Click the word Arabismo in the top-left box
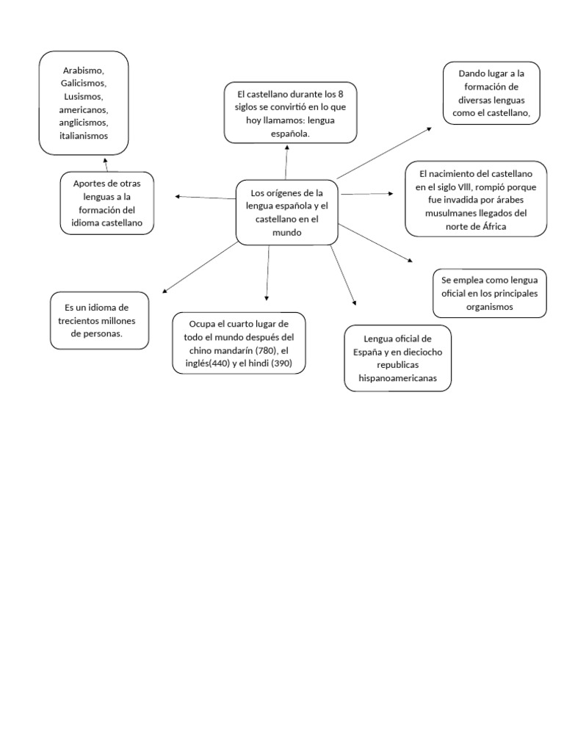click(x=84, y=70)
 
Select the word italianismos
click(x=84, y=136)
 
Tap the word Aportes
click(x=88, y=183)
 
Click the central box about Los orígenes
click(x=286, y=212)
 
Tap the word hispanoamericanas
click(x=397, y=378)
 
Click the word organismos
click(x=490, y=307)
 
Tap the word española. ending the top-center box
click(x=290, y=134)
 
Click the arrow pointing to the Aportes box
click(x=178, y=196)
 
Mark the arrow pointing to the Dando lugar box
click(x=429, y=128)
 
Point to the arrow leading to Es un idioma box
click(x=164, y=292)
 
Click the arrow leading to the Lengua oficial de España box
click(x=354, y=300)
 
